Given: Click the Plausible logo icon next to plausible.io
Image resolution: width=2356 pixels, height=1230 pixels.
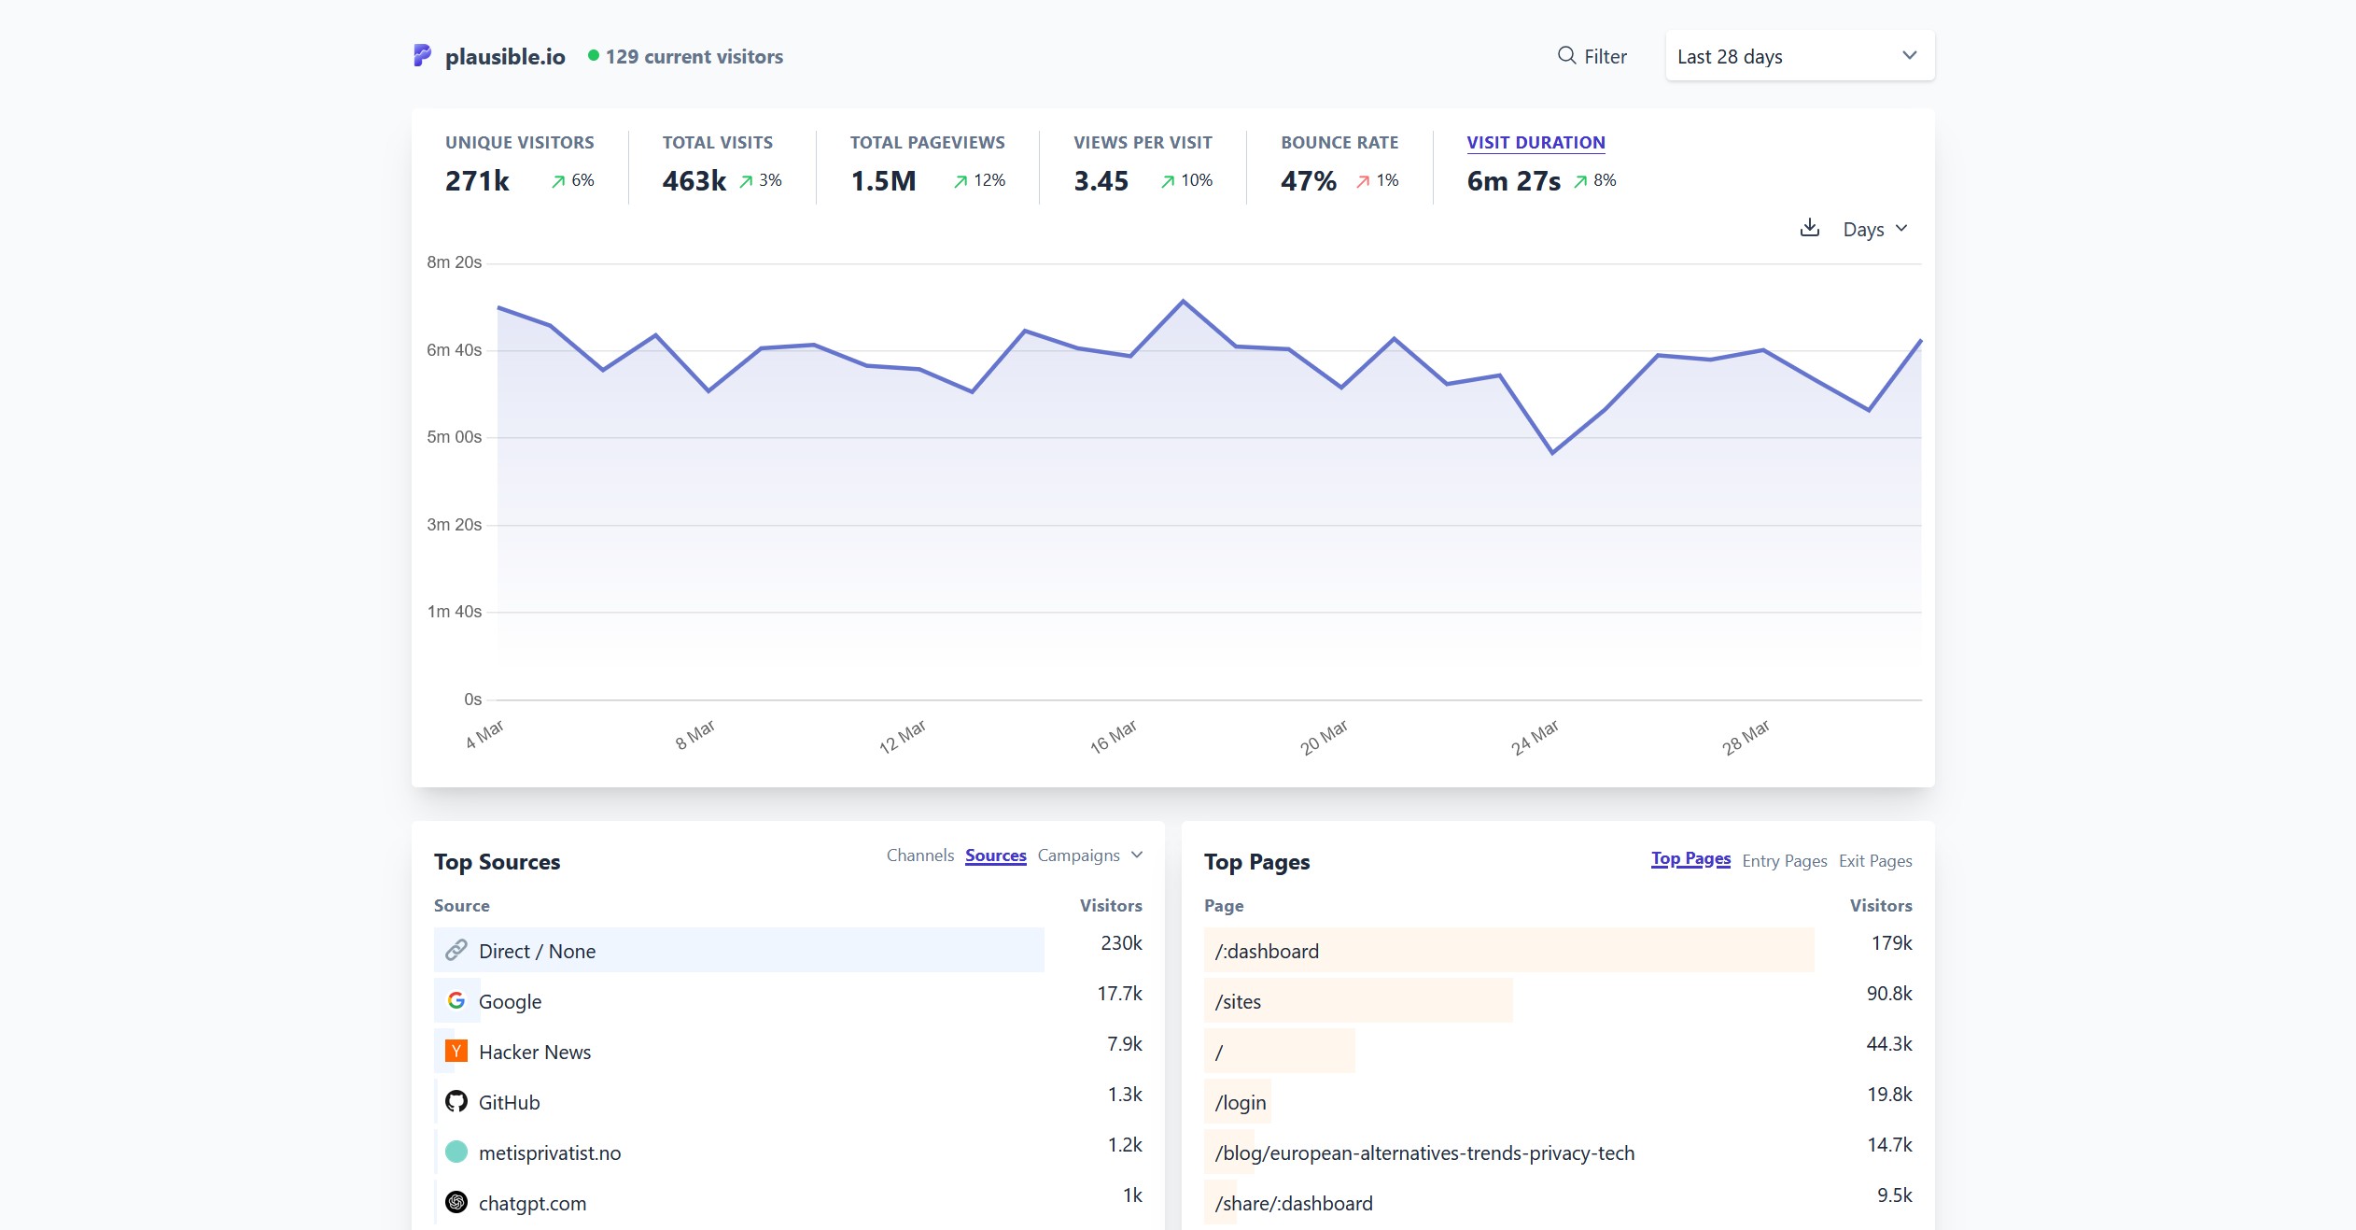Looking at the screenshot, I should [x=422, y=56].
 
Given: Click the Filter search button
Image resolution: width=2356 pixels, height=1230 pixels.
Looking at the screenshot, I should [x=1592, y=56].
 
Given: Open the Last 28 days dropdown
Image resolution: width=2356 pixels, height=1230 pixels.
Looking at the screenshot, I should [x=1798, y=56].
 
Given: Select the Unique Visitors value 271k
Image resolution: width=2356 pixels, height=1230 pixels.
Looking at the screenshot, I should [x=477, y=181].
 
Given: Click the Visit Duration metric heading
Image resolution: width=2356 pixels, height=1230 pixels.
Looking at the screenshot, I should [x=1536, y=143].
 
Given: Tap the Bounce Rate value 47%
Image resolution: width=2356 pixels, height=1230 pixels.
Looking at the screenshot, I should [x=1308, y=181].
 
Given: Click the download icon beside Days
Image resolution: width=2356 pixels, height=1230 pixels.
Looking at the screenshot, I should [x=1809, y=228].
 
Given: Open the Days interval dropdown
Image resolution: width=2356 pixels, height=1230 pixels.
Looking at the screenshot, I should [x=1874, y=229].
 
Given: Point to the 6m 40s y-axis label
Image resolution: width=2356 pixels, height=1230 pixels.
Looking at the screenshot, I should [x=454, y=350].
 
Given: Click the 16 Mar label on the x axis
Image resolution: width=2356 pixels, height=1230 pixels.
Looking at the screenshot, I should [x=1113, y=736].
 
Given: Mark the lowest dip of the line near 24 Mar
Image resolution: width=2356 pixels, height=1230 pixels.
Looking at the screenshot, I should [x=1552, y=453].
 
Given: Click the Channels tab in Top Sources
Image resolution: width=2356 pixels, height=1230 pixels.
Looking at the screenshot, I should [x=919, y=855].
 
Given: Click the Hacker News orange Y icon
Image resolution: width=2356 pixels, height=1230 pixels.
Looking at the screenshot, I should [x=456, y=1052].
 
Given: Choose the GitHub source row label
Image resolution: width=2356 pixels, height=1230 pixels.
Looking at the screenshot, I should [x=509, y=1102].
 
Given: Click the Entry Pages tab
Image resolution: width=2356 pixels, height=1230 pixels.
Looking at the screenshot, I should [x=1784, y=861].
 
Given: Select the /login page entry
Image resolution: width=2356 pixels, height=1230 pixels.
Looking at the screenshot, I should [x=1240, y=1102].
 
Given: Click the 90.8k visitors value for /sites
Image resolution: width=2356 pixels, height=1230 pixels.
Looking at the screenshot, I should [x=1888, y=994].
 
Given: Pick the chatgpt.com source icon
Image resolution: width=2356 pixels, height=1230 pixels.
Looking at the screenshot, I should [x=456, y=1203].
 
